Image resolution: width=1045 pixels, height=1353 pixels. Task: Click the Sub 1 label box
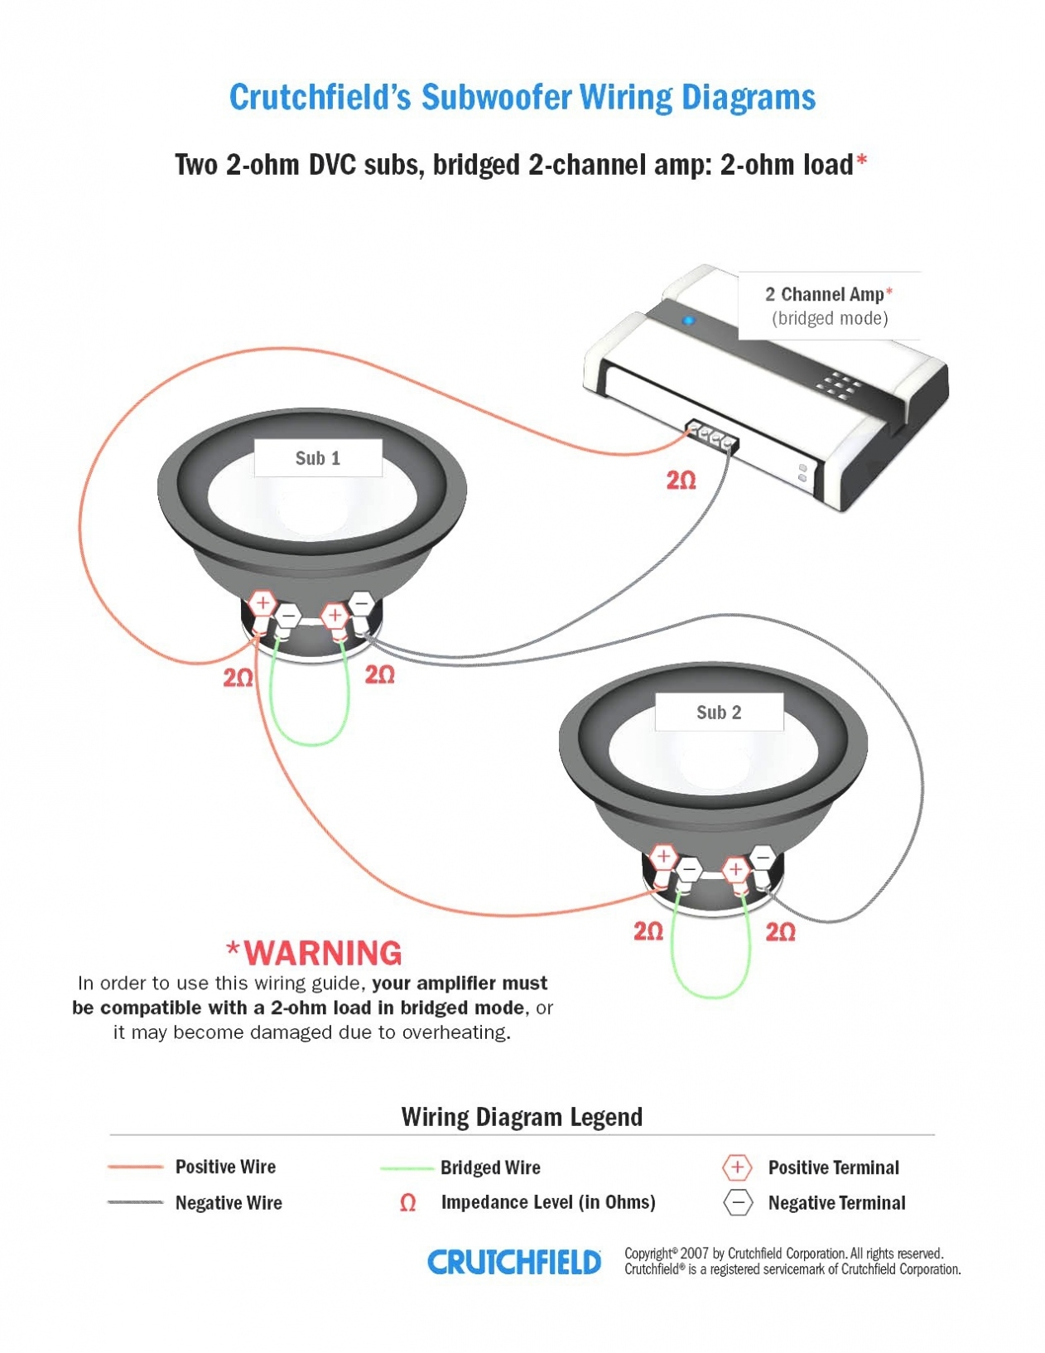click(317, 458)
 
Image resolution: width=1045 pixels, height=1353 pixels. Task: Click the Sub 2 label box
click(719, 713)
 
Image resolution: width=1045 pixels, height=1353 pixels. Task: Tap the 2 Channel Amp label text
click(828, 295)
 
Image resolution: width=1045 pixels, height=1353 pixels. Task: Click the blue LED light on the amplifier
click(687, 321)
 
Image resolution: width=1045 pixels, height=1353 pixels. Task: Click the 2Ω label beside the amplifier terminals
click(681, 481)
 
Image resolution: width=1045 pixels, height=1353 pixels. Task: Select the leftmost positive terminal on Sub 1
click(262, 603)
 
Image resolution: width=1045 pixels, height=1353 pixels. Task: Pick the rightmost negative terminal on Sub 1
click(361, 602)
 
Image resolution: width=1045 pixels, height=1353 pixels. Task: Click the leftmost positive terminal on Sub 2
click(663, 856)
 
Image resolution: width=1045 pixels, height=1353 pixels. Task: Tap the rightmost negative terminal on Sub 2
click(762, 857)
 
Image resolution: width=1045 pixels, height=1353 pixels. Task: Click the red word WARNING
click(323, 953)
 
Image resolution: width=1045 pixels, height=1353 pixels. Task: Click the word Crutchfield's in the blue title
click(320, 98)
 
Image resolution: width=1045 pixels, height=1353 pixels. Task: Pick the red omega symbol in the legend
click(407, 1202)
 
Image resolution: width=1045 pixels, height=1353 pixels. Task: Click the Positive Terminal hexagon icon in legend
click(737, 1167)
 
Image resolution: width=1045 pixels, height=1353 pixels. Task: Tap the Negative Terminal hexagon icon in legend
click(738, 1202)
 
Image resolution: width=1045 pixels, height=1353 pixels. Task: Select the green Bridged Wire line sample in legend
click(407, 1168)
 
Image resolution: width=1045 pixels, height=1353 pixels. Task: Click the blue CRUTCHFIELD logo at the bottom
click(514, 1262)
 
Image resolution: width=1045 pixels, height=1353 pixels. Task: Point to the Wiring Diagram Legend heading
click(522, 1117)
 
